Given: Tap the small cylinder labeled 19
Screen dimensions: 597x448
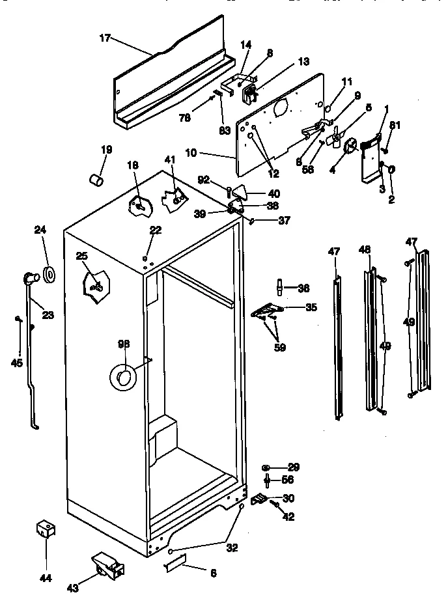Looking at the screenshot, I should (x=98, y=178).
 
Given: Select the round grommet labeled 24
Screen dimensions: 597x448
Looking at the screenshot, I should (x=49, y=272).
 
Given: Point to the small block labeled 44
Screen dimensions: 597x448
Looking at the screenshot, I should (x=45, y=529).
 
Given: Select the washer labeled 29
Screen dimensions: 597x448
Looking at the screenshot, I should (x=267, y=468).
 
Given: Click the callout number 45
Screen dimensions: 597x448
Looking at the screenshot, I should (x=18, y=363).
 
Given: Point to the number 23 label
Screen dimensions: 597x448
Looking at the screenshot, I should (x=48, y=315).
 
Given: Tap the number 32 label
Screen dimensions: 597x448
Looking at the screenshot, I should (x=232, y=548).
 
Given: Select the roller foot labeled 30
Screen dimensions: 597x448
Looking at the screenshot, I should (x=259, y=500).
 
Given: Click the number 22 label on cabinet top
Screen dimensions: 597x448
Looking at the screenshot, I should (x=155, y=229).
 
